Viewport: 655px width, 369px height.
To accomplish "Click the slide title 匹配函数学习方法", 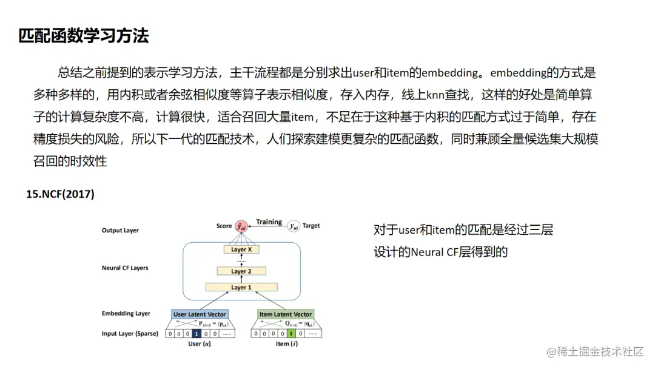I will [84, 36].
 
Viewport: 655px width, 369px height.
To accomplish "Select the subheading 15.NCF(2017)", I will [60, 194].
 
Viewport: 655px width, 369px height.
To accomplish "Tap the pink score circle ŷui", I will [241, 226].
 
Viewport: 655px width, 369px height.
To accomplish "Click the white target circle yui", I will [294, 226].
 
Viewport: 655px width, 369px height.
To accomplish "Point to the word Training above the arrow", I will [269, 222].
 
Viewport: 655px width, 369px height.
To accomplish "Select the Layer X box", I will [241, 249].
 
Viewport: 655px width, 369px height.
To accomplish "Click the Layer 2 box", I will [241, 271].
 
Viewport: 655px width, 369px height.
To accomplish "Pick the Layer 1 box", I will [241, 287].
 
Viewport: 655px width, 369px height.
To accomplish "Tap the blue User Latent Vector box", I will [200, 314].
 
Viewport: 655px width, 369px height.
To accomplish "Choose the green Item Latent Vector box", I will [286, 314].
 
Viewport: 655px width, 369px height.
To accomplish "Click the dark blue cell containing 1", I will [196, 333].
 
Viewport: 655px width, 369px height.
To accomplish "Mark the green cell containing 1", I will [292, 333].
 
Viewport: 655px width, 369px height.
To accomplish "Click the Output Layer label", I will [120, 231].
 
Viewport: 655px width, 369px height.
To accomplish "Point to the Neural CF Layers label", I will [125, 268].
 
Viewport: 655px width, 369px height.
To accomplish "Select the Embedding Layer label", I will [126, 314].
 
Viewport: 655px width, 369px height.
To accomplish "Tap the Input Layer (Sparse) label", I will [130, 333].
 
